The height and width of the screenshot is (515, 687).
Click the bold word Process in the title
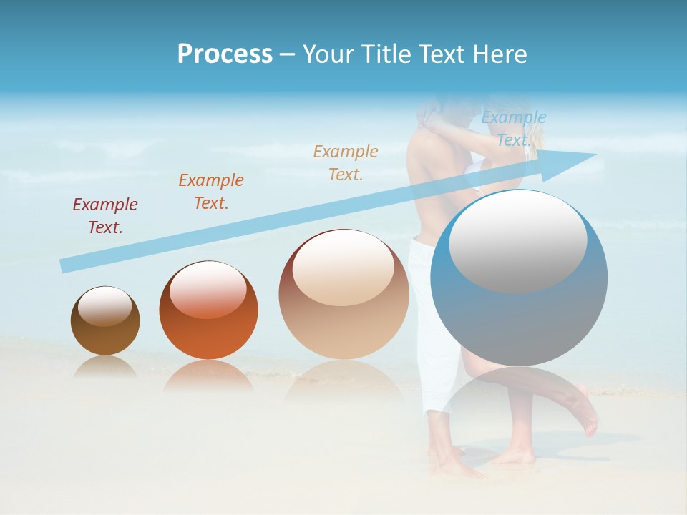225,54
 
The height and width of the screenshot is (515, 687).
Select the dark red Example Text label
105,216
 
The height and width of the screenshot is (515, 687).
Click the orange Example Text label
211,191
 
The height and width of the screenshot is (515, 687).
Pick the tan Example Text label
346,162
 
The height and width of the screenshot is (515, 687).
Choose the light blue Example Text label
514,129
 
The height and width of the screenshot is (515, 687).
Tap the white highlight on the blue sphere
517,243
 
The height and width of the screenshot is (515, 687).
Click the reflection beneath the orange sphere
208,375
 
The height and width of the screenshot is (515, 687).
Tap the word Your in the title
328,54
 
